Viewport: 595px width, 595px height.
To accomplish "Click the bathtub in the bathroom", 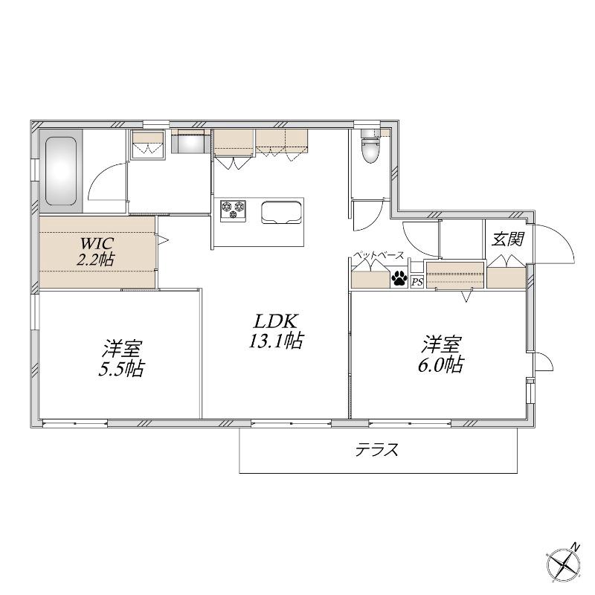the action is (x=61, y=172).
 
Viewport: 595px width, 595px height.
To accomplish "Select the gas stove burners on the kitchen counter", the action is (x=233, y=210).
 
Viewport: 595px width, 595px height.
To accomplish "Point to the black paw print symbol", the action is (x=399, y=277).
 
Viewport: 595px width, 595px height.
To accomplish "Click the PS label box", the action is (x=417, y=282).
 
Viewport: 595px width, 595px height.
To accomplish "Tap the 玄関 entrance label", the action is (x=508, y=239).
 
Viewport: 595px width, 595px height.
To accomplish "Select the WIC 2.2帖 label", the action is (x=96, y=251).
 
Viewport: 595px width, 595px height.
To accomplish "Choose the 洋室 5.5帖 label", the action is (x=121, y=358).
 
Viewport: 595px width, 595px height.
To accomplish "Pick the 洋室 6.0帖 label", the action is (x=441, y=354).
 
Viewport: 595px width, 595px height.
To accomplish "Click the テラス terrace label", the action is (x=377, y=450).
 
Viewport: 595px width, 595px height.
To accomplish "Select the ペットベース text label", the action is (x=379, y=255).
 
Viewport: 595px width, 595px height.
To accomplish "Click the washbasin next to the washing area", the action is (x=189, y=141).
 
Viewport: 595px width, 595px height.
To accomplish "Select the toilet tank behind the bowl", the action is (x=370, y=133).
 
